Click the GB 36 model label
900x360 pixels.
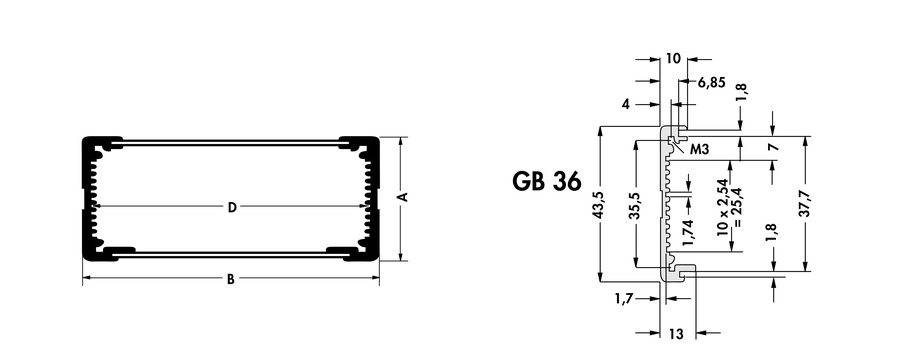click(546, 181)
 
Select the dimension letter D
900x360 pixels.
click(231, 207)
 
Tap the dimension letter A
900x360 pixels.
click(403, 197)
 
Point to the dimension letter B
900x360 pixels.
click(230, 280)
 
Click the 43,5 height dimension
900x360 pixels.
click(599, 204)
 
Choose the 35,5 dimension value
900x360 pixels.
click(635, 204)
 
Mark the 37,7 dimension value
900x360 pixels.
click(805, 203)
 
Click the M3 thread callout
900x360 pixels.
click(699, 150)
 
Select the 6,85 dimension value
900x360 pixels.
click(711, 83)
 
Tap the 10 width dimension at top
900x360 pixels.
click(673, 59)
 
